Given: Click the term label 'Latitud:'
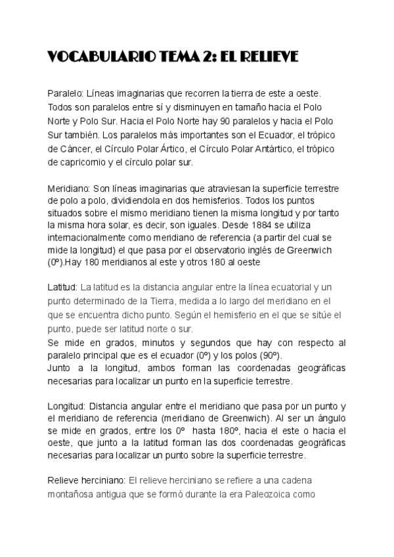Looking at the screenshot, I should [62, 288].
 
